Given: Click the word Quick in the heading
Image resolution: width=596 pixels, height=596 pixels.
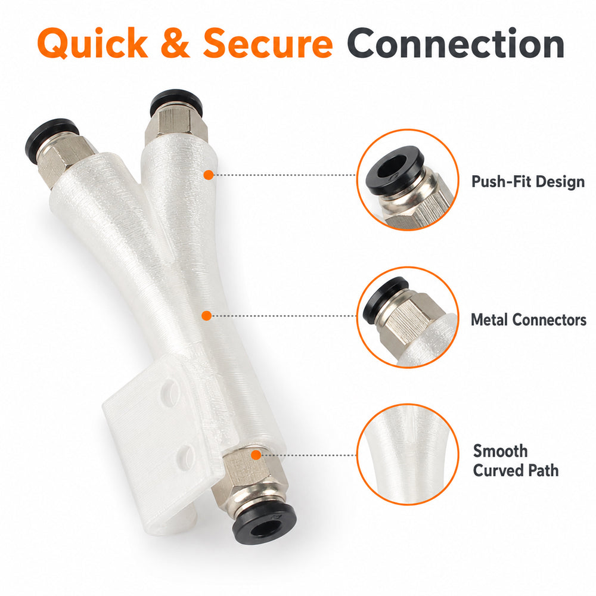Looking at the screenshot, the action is click(93, 44).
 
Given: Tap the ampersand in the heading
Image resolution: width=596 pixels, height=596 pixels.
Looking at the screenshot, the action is click(175, 43).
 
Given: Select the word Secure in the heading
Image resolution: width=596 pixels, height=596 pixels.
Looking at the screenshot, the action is click(268, 44).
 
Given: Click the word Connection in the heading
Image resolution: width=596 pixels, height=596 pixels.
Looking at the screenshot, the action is click(455, 44).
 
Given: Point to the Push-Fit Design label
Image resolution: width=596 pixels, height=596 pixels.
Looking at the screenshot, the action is click(528, 182).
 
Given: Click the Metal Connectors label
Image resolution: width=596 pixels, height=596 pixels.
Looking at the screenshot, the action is click(528, 319).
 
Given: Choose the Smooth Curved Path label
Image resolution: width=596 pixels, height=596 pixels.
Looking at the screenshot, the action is click(516, 460).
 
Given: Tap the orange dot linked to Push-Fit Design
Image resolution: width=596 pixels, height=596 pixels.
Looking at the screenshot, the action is click(208, 175).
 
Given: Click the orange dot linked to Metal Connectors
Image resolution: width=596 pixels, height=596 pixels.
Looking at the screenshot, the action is click(206, 315).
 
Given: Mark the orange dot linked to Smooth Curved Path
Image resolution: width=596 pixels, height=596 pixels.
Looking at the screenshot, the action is click(256, 455).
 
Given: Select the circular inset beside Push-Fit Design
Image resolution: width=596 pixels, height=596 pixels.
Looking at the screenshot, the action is click(408, 180).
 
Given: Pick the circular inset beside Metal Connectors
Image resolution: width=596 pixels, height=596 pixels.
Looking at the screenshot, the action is click(408, 318).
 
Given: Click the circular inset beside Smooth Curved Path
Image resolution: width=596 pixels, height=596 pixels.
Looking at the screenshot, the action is click(408, 455).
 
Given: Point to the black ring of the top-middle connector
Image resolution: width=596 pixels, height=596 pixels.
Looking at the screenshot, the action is click(176, 98).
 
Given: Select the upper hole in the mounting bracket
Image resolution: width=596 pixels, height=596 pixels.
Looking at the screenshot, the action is click(169, 391).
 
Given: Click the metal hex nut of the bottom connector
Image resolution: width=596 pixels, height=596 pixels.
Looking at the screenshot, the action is click(248, 480).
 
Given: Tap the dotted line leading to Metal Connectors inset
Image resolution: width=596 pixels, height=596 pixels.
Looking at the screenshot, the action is click(284, 316).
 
